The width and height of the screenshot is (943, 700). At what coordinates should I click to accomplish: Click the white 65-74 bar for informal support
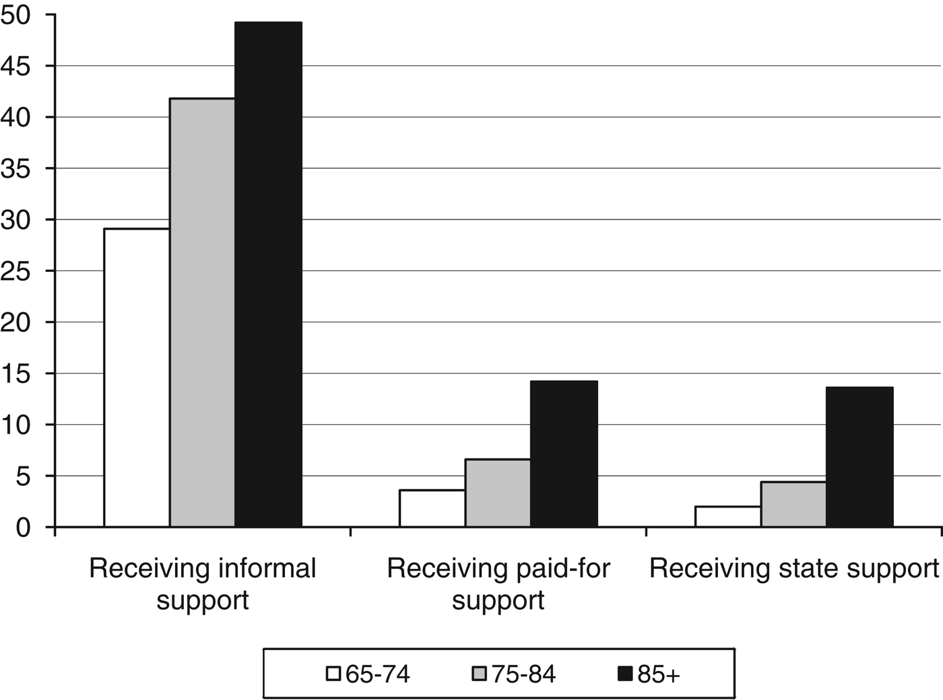(136, 377)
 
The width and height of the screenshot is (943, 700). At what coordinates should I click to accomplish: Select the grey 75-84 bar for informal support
(202, 312)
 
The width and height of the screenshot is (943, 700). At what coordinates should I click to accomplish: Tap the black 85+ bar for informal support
(268, 274)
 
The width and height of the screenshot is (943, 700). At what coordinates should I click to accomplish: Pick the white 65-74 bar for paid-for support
(432, 508)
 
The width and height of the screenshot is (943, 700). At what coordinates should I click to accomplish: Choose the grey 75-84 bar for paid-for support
(498, 493)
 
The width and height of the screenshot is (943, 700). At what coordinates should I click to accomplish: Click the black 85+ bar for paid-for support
(564, 454)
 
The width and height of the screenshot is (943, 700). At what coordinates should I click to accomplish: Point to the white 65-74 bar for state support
(727, 516)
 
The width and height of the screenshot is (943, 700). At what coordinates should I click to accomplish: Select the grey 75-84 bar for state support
(793, 504)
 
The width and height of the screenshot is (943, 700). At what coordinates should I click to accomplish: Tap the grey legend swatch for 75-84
(480, 674)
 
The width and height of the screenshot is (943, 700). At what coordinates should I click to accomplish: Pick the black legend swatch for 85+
(625, 674)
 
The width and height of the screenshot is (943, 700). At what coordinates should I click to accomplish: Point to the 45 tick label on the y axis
(15, 66)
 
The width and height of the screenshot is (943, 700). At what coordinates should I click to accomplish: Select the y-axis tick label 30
(15, 219)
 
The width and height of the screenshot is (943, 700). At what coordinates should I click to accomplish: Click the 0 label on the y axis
(24, 527)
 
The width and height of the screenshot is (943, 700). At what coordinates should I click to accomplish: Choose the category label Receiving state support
(793, 569)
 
